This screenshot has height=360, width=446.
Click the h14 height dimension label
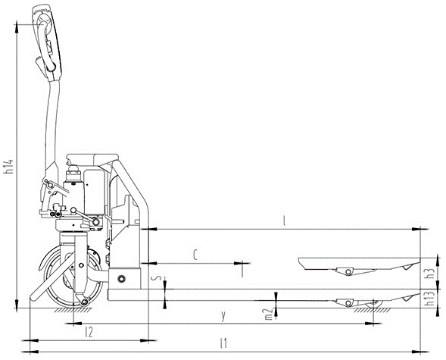[8, 166]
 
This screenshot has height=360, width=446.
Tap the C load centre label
[195, 256]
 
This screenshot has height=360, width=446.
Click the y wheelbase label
[223, 314]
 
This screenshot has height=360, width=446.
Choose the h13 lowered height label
[429, 302]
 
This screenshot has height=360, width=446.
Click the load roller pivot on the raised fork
[348, 271]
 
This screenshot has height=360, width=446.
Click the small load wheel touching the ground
[371, 305]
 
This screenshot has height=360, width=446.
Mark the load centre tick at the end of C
[242, 267]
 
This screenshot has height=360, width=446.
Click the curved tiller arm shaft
[51, 121]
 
